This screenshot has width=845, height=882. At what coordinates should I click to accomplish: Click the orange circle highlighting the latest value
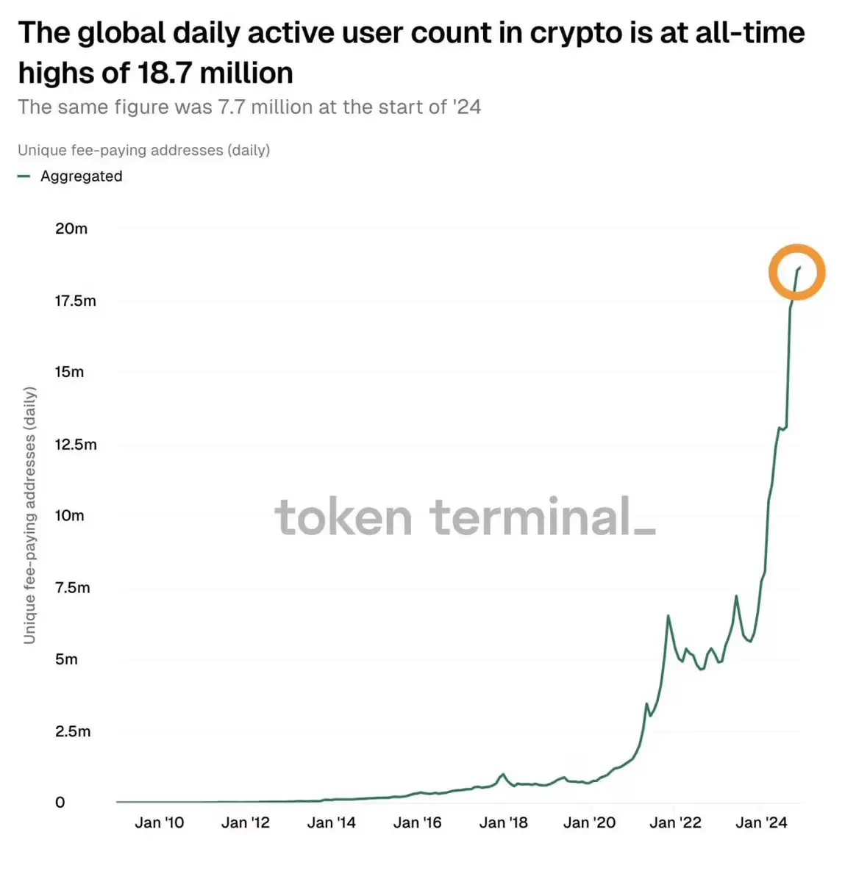click(797, 272)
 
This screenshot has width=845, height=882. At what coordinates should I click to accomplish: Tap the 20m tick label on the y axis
click(71, 229)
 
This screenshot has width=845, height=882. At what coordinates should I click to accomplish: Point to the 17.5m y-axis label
click(75, 301)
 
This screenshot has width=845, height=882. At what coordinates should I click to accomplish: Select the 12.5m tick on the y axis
click(75, 445)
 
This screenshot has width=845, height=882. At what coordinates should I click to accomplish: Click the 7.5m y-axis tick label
click(72, 588)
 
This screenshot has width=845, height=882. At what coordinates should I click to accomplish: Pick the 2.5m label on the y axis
click(72, 731)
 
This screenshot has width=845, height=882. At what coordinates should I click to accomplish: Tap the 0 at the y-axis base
click(60, 803)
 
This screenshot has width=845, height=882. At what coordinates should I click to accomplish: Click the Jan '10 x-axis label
click(159, 823)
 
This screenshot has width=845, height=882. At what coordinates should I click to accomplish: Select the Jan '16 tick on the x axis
click(417, 823)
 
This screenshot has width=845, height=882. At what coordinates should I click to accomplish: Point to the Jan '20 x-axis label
click(589, 823)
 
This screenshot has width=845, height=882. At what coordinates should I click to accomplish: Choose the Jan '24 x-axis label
click(761, 823)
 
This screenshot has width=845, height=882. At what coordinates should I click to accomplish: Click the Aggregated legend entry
click(81, 176)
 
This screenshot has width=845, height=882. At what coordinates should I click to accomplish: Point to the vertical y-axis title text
click(29, 514)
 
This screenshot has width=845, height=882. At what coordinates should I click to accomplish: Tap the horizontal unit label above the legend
click(143, 150)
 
